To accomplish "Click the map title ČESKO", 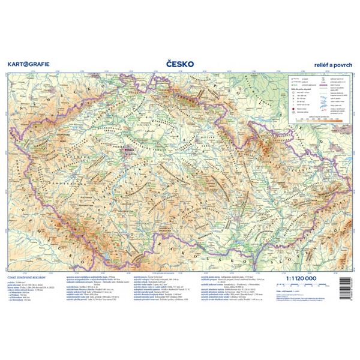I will coord(179,62).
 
